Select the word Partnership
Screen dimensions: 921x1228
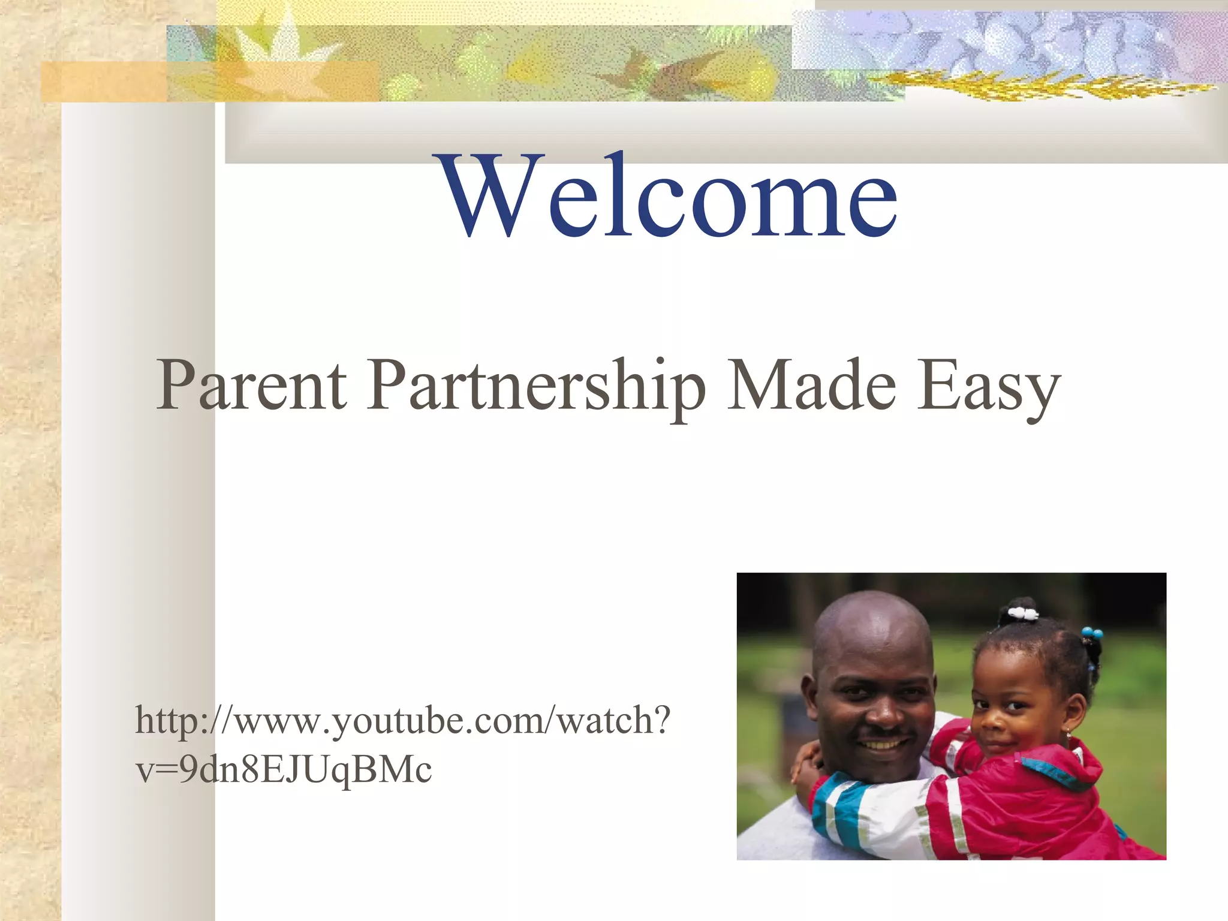[536, 387]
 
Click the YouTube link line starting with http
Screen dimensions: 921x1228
[402, 720]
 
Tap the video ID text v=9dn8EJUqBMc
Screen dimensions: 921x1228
[284, 769]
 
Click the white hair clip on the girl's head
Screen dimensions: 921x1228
[1023, 613]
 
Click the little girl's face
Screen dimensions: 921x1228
[1007, 708]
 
